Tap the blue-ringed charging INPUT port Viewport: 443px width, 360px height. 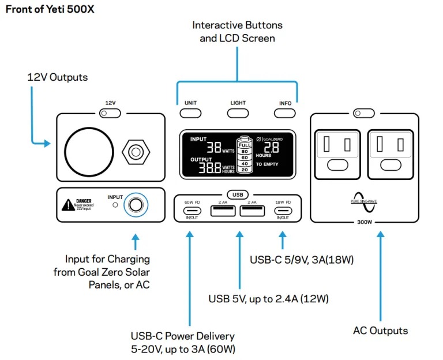click(x=136, y=205)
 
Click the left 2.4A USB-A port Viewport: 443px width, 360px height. click(x=223, y=211)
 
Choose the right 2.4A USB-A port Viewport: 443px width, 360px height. click(x=251, y=211)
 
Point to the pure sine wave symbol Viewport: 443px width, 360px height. click(x=363, y=201)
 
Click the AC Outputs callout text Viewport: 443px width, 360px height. click(x=380, y=331)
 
